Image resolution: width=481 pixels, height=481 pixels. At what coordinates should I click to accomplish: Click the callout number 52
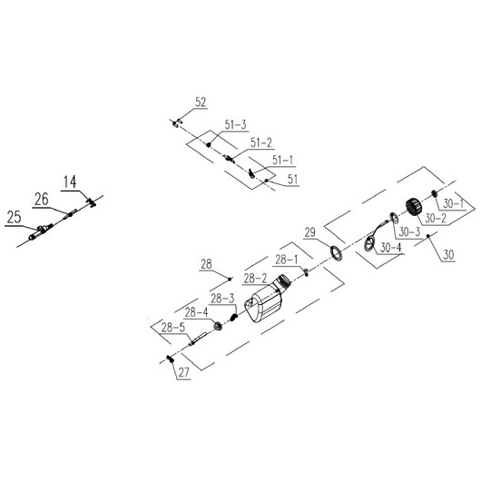coord(201,103)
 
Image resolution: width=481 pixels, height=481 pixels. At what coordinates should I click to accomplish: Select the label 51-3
coord(236,125)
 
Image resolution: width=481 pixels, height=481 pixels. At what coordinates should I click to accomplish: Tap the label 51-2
coord(261,143)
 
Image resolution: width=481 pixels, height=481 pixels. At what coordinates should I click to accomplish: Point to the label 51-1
coord(283,160)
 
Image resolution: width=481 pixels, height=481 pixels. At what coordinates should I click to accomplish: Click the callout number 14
coord(70,182)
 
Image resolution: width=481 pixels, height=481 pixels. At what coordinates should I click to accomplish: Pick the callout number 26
coord(42,200)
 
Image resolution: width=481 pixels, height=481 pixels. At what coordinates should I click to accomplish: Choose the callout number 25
coord(14,218)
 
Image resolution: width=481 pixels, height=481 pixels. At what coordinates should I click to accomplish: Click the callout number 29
coord(309,232)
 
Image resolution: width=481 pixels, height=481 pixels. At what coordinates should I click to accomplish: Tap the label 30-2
coord(436,219)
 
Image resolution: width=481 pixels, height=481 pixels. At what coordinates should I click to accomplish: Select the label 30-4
coord(391,247)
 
